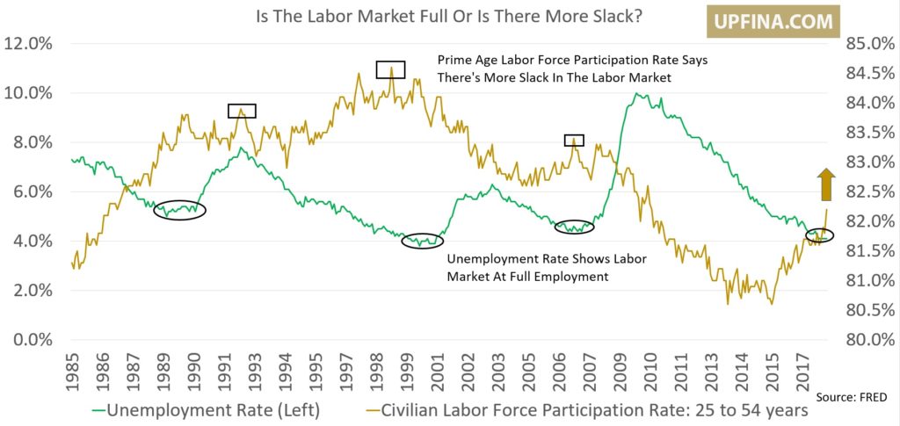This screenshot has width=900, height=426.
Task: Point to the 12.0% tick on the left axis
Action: (x=30, y=43)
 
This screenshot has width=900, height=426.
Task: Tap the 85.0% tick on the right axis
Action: (x=869, y=43)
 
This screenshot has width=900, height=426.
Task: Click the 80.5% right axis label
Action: (x=869, y=310)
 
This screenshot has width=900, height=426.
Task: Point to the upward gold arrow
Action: (x=826, y=185)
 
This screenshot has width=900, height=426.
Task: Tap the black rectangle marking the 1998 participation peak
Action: (x=390, y=69)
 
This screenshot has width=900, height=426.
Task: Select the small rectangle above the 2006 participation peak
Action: (x=574, y=140)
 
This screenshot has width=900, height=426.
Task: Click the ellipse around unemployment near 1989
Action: (x=180, y=210)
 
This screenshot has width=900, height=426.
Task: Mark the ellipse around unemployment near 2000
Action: (x=423, y=241)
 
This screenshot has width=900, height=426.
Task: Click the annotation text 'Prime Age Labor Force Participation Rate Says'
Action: (x=572, y=61)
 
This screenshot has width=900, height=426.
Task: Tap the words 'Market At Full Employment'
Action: (x=529, y=276)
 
